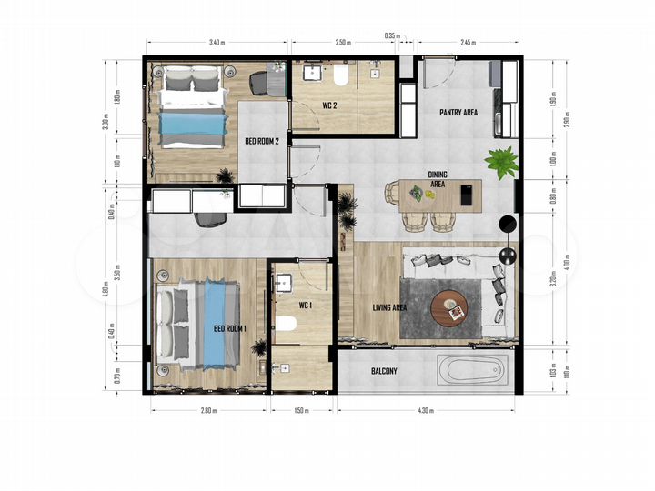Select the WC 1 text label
tap(304, 306)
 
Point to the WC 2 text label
tap(330, 105)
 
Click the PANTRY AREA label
tap(458, 114)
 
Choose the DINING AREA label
tap(438, 178)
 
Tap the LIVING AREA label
tap(389, 307)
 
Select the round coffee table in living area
tap(451, 306)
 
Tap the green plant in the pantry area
tap(500, 163)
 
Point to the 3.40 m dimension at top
tap(217, 43)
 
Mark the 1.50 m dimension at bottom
tap(302, 411)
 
